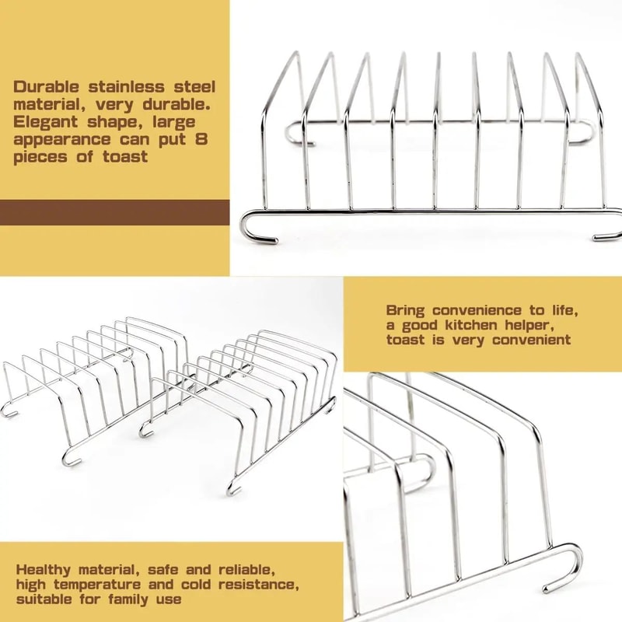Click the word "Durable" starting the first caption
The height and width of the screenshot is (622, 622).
[x=47, y=87]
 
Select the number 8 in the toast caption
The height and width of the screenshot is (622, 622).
[x=201, y=139]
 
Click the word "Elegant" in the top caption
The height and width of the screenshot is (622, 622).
[x=46, y=122]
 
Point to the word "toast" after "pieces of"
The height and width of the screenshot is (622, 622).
[x=125, y=157]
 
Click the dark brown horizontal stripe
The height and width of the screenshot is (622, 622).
[x=114, y=212]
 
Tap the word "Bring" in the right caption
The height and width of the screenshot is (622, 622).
[x=405, y=310]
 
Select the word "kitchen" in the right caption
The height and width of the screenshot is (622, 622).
[x=470, y=325]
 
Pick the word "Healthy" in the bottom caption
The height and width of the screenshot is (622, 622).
[x=44, y=571]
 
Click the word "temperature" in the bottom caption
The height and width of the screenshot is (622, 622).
[x=97, y=585]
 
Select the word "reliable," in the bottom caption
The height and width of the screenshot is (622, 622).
[x=246, y=571]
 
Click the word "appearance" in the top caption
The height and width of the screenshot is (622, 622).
[x=62, y=140]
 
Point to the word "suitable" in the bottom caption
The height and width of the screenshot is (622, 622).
[x=44, y=599]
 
